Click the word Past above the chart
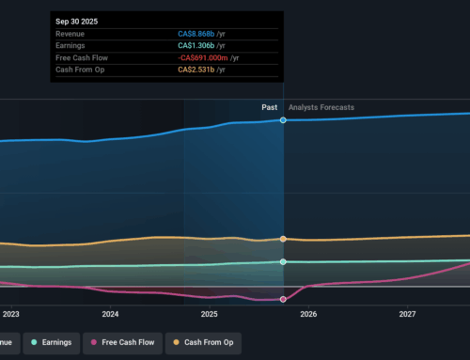point(269,108)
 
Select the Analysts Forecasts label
point(321,108)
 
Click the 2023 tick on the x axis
point(11,314)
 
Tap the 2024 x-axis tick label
point(110,314)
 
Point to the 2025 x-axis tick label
point(209,314)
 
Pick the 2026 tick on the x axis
point(308,314)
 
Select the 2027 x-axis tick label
point(407,314)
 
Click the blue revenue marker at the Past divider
point(284,120)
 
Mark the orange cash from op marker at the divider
point(284,239)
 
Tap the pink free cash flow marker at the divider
point(284,300)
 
